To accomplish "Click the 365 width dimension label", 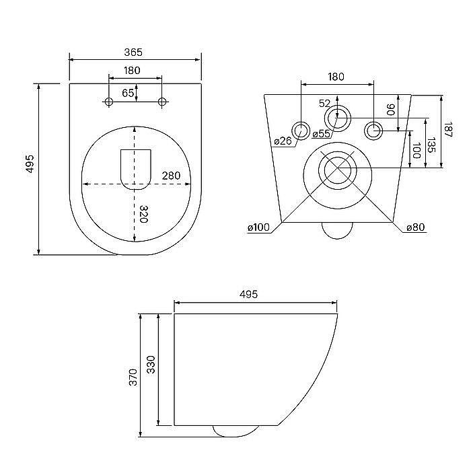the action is [133, 52].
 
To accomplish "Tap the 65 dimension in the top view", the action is [128, 93].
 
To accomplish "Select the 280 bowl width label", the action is [171, 176].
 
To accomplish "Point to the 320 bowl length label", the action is [144, 214].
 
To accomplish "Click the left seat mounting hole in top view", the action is [109, 102].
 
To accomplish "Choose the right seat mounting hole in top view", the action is [162, 102].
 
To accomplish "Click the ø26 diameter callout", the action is [283, 141].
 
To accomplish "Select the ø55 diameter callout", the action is [321, 133].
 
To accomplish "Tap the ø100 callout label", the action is [258, 227].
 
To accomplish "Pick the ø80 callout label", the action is [416, 227].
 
